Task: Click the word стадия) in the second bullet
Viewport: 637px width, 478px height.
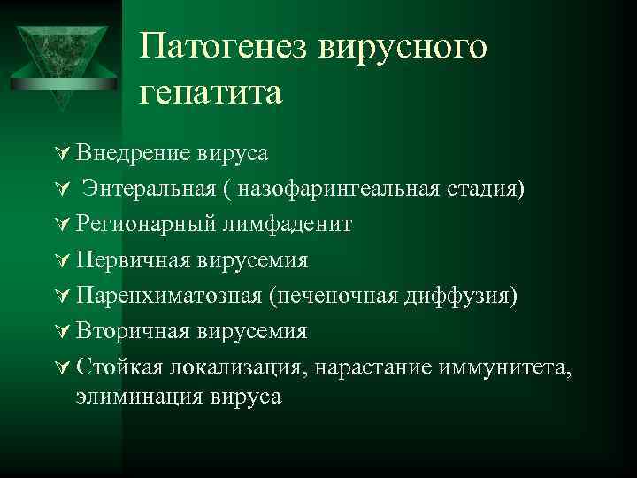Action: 498,189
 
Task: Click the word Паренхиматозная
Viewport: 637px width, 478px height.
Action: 167,295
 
